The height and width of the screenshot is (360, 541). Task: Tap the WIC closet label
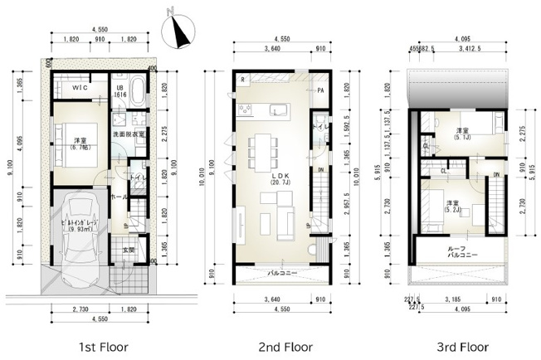pyautogui.click(x=80, y=88)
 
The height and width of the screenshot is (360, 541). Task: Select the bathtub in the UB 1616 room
pyautogui.click(x=139, y=94)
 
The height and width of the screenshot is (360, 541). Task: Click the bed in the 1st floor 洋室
pyautogui.click(x=68, y=138)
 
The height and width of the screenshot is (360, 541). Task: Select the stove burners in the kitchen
pyautogui.click(x=246, y=109)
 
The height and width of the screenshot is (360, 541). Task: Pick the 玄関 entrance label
pyautogui.click(x=129, y=250)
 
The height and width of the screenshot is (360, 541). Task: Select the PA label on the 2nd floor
pyautogui.click(x=319, y=90)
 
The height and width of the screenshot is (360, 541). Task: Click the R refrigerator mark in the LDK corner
pyautogui.click(x=242, y=80)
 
